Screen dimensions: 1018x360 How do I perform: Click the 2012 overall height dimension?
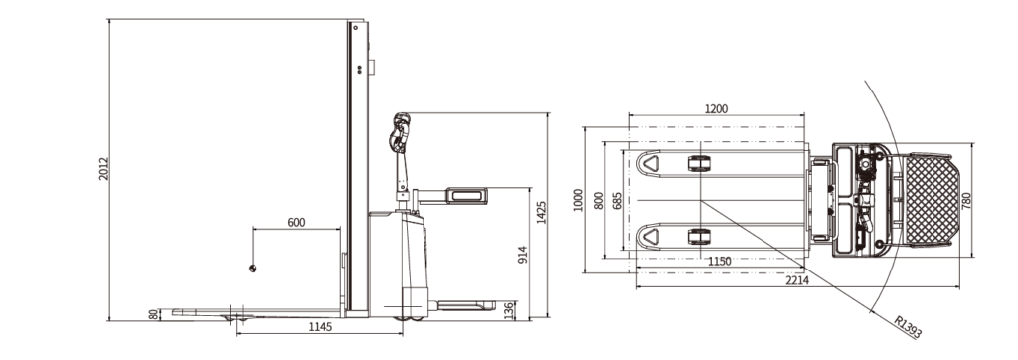pos(103,168)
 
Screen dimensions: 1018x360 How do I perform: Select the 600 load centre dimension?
pos(296,222)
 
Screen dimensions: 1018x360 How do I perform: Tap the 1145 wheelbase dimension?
pos(319,327)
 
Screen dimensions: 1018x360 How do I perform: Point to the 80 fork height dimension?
pos(153,314)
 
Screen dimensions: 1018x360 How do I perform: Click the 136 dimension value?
pos(510,310)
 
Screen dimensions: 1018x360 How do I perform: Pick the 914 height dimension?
pos(523,254)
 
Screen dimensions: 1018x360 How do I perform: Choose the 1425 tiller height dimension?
pos(542,212)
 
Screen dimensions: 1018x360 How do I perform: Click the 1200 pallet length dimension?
pos(716,109)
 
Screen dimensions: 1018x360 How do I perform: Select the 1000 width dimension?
pos(578,200)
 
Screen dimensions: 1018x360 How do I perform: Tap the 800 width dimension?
pos(599,200)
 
